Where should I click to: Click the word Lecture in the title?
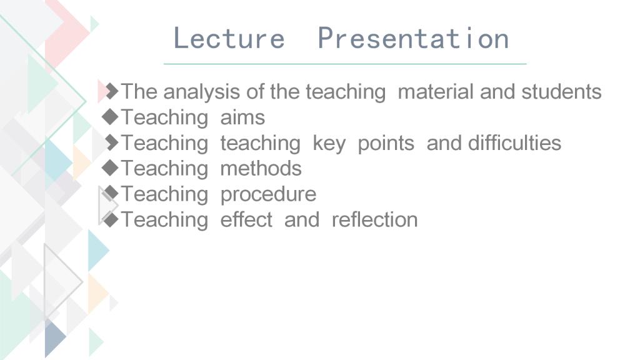click(x=229, y=38)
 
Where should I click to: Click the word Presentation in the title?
click(x=413, y=38)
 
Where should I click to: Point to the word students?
click(x=561, y=91)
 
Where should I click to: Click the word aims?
click(x=242, y=117)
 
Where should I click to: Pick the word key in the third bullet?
click(x=329, y=144)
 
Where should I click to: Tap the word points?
click(x=386, y=144)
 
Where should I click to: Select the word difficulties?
click(x=514, y=143)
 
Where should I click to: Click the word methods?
click(x=261, y=169)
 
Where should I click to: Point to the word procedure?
click(x=268, y=195)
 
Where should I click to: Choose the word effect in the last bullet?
click(x=246, y=219)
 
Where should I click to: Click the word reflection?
click(x=375, y=219)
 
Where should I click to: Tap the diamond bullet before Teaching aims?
click(x=110, y=117)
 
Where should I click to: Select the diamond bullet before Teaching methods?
click(x=110, y=168)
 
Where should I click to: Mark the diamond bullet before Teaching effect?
click(x=110, y=219)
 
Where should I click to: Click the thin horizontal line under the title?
click(x=345, y=64)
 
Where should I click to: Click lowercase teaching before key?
click(x=261, y=144)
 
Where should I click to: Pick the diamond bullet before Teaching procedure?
click(x=110, y=194)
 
